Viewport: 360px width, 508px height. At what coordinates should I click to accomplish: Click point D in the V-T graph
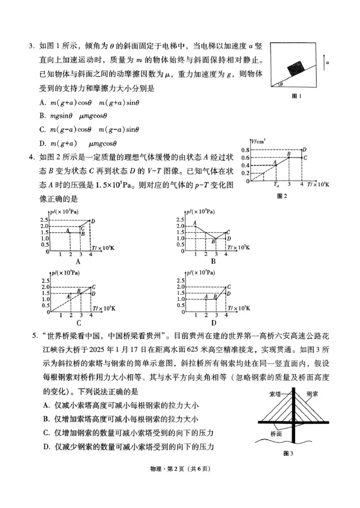coord(304,150)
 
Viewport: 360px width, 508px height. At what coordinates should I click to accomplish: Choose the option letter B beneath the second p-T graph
coord(213,262)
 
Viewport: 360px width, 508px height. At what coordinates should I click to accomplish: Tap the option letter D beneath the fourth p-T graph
coord(213,322)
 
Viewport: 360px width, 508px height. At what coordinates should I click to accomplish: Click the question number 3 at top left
coord(32,46)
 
